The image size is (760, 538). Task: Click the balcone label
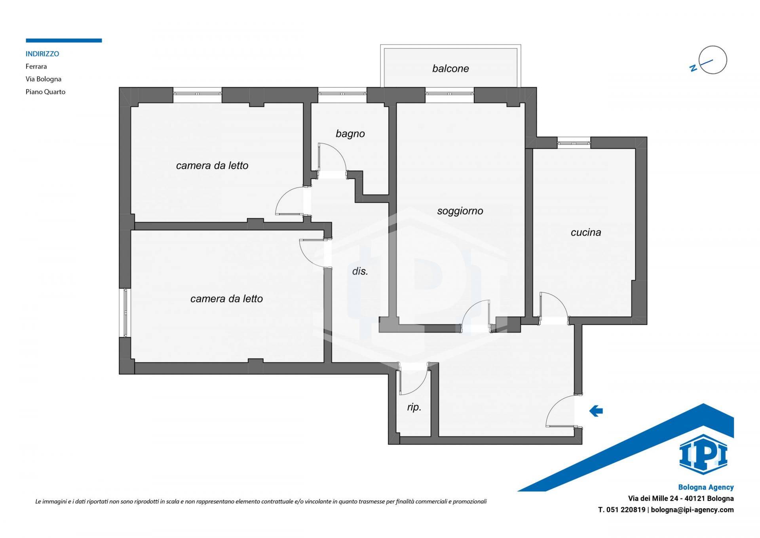pos(450,69)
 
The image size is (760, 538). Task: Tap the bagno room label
pos(350,134)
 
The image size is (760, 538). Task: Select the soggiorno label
pos(460,211)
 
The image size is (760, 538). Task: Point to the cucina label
pos(586,232)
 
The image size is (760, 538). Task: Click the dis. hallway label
pos(360,271)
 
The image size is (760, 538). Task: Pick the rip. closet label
pos(414,407)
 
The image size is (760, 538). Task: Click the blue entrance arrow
pos(596,411)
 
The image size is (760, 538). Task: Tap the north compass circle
pos(713,60)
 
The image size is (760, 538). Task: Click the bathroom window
pos(342,95)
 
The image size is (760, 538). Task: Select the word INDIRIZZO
pos(42,54)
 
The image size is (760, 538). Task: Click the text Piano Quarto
pos(46,92)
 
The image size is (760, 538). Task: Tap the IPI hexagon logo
pos(703,454)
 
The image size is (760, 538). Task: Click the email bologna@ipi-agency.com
pos(692,510)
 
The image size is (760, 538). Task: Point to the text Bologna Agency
pos(706,487)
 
